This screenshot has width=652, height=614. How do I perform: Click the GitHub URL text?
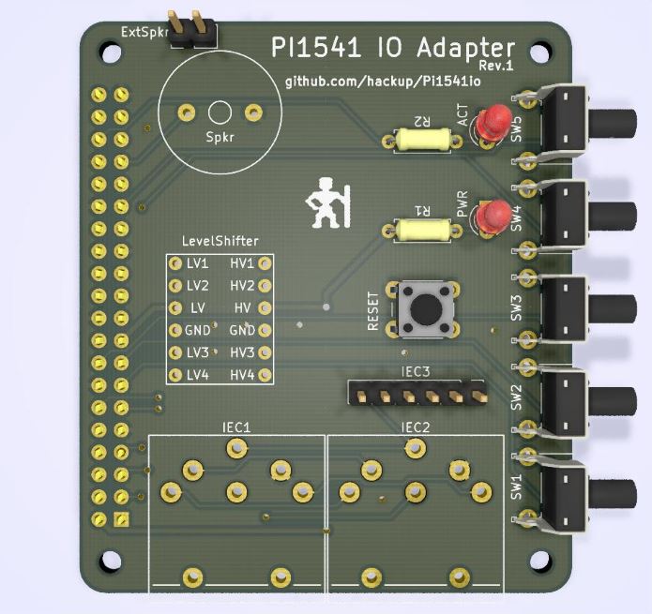point(383,82)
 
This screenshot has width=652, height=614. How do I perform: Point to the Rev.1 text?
point(496,66)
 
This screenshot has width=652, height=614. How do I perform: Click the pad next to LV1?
point(174,263)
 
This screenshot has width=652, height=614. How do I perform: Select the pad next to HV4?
point(265,375)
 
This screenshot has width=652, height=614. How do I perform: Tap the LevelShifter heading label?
point(221,242)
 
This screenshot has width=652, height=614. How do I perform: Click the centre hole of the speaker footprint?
point(220,112)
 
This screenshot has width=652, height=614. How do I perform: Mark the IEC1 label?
point(236,427)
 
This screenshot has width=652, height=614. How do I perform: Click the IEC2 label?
point(416,427)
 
